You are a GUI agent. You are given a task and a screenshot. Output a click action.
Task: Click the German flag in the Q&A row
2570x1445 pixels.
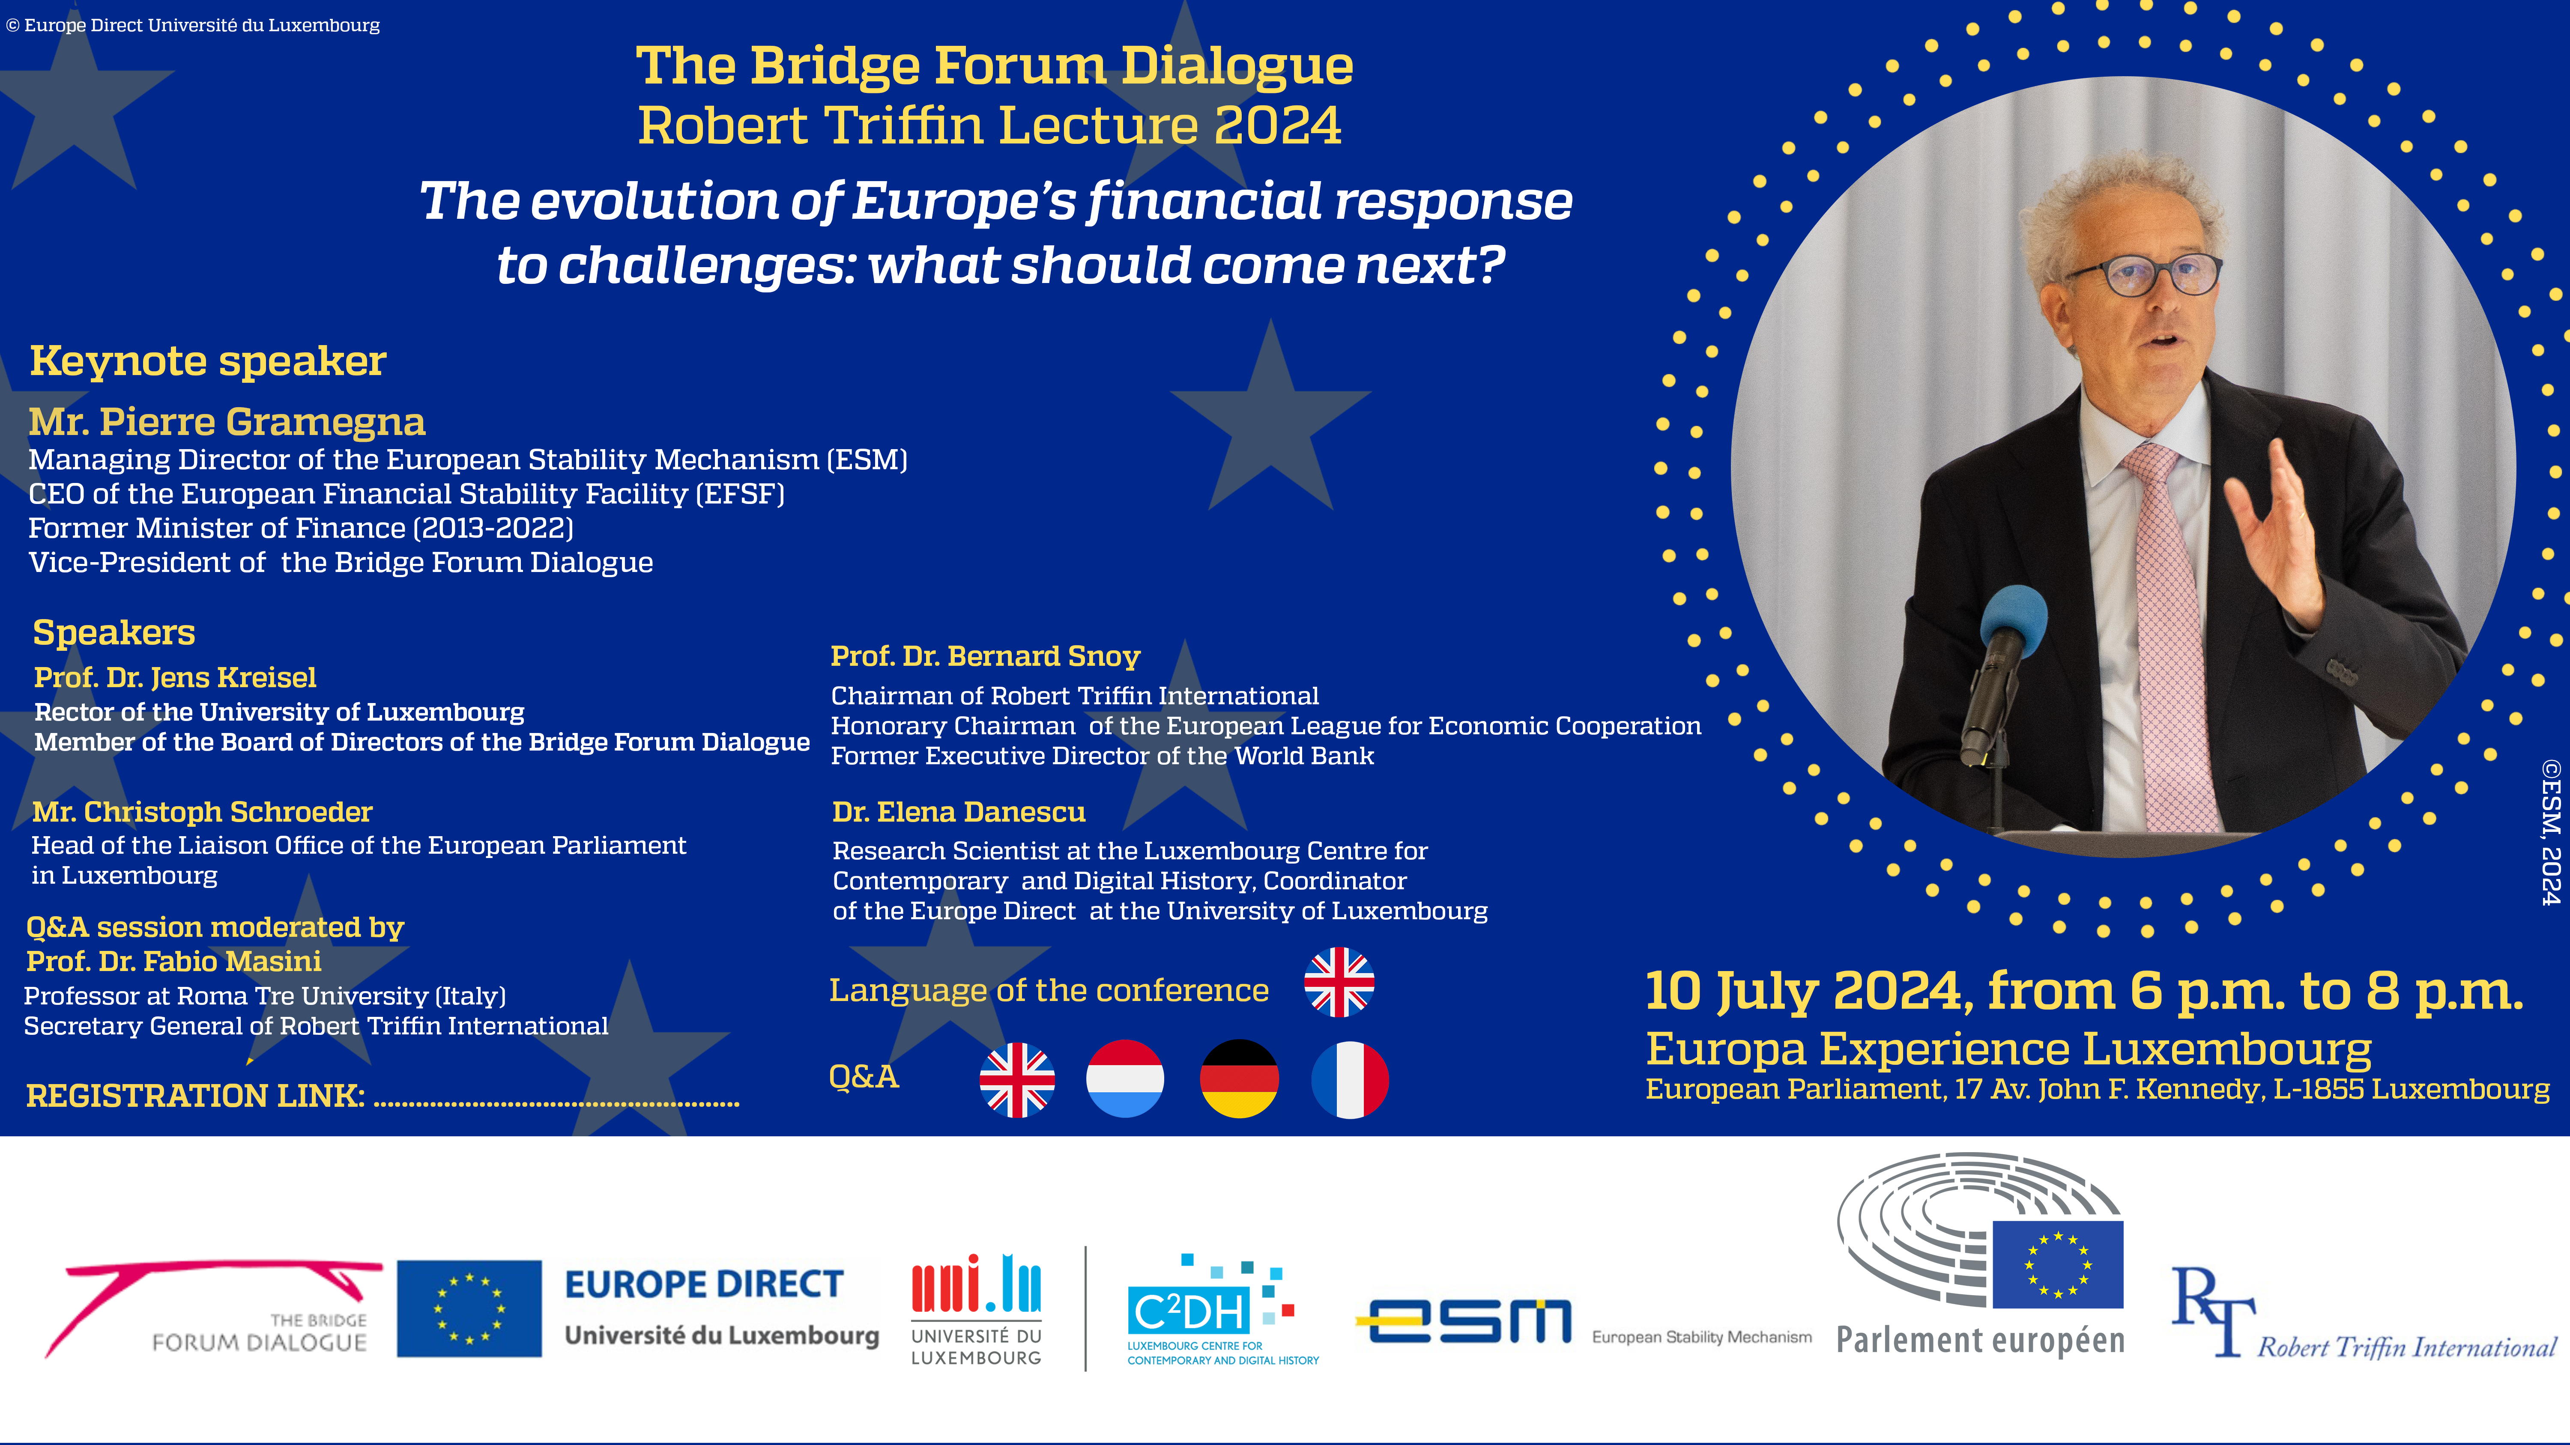tap(1239, 1079)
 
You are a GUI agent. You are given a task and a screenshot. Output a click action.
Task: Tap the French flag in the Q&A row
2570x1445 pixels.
tap(1350, 1079)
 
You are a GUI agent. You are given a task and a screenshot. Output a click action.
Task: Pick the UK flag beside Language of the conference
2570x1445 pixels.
tap(1339, 982)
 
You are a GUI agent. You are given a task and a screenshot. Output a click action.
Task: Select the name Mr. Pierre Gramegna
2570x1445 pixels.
tap(227, 422)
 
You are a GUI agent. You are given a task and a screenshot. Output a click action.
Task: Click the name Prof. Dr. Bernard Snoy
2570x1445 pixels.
tap(986, 656)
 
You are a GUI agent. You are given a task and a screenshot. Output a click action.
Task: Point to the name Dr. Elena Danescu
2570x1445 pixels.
tap(959, 812)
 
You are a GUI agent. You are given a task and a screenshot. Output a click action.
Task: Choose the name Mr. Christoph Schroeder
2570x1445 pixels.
tap(203, 812)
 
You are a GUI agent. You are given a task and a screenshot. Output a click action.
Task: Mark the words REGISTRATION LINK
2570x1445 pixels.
tap(196, 1096)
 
